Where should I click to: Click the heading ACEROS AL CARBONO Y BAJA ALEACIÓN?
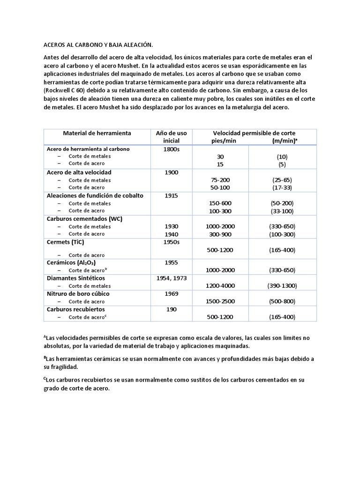pos(98,45)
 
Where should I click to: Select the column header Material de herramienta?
pos(97,133)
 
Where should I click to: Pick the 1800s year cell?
pos(172,149)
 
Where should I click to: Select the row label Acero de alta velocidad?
pos(79,172)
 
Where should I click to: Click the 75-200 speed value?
pos(220,180)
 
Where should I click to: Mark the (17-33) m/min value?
pos(283,187)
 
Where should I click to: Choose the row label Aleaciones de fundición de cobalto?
pos(95,195)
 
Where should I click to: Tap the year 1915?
pos(172,195)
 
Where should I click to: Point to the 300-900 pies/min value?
pos(220,234)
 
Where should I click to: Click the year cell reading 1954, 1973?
pos(172,278)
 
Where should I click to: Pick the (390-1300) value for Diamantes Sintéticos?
pos(283,285)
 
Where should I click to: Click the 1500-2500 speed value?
pos(220,301)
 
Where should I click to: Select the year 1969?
pos(172,293)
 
